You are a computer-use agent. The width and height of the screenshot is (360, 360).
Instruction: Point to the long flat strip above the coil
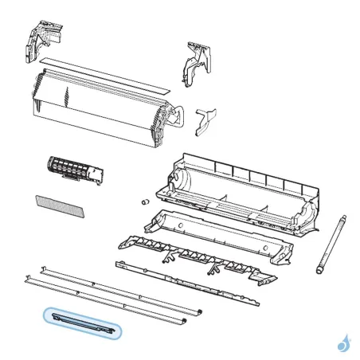tap(104, 72)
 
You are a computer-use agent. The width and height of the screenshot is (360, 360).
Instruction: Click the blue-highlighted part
tap(82, 323)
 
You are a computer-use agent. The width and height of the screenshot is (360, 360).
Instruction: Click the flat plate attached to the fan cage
tap(96, 174)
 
